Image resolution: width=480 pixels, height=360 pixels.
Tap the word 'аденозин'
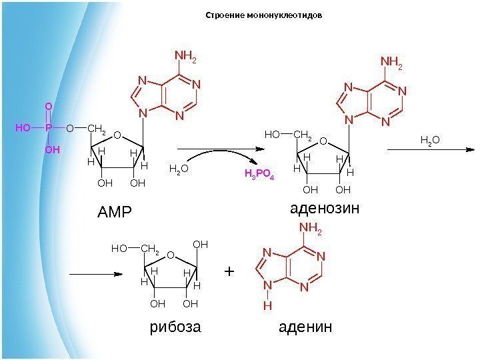325,209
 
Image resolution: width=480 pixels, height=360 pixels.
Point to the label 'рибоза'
174,328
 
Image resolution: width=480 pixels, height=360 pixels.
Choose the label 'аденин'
304,328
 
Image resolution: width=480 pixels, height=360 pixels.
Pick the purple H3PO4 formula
259,175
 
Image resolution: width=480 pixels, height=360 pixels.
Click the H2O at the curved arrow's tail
178,169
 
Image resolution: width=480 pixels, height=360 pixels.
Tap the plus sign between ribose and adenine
230,272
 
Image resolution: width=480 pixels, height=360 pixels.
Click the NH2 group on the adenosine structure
391,63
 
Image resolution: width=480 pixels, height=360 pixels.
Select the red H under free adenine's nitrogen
267,306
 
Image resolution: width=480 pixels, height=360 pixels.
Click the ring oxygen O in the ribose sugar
170,255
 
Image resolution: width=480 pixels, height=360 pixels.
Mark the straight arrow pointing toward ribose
97,273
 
